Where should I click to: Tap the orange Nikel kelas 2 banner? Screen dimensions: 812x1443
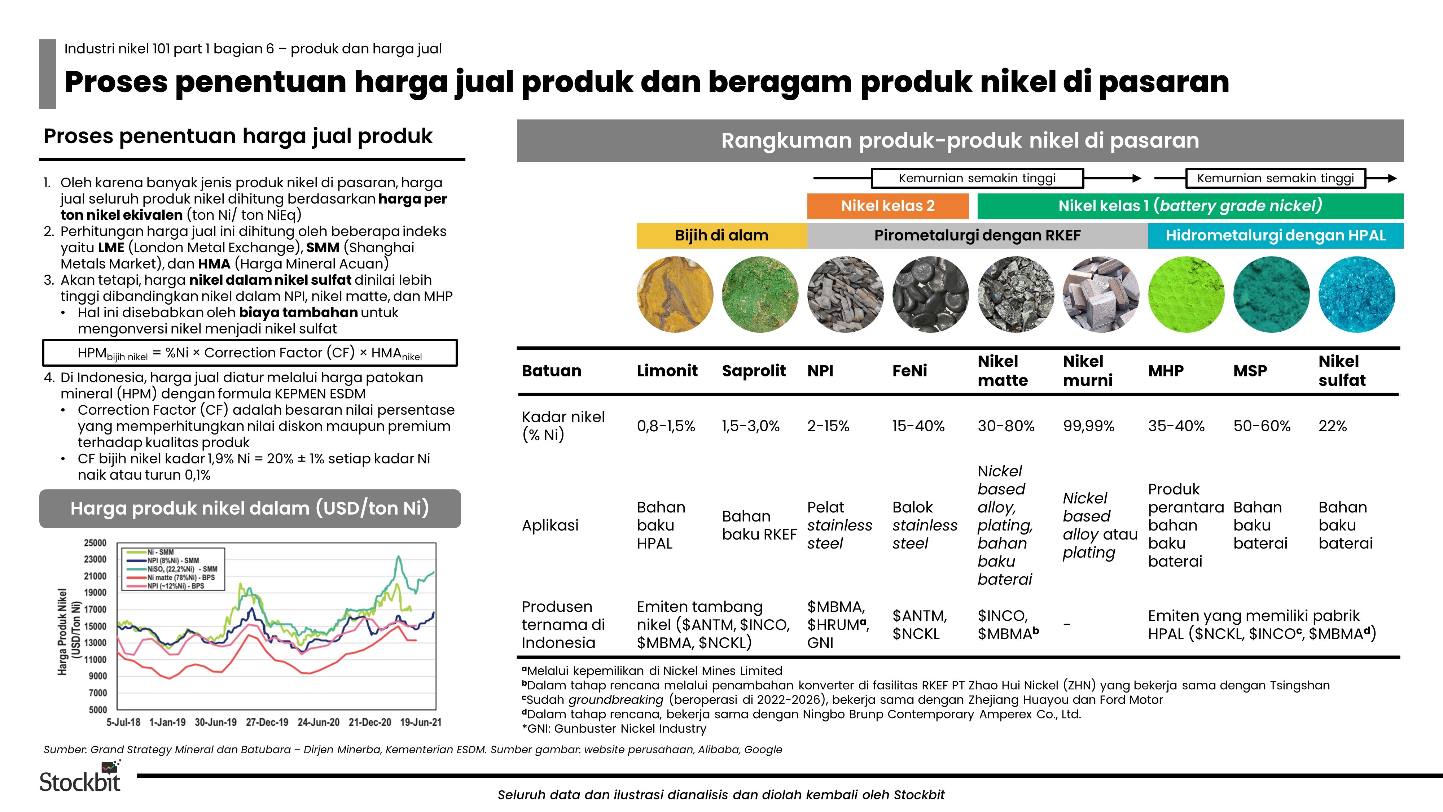point(887,206)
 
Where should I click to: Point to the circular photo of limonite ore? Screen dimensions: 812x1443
point(675,294)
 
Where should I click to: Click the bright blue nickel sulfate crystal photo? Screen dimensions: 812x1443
point(1356,294)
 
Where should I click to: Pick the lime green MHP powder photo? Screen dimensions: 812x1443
point(1185,294)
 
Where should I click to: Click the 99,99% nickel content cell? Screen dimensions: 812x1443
point(1088,426)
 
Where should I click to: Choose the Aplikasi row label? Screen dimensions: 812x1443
point(549,525)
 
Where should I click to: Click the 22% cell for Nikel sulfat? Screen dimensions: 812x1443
point(1332,426)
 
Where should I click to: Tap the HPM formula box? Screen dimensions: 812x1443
point(250,353)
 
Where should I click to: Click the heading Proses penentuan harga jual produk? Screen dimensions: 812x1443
point(238,136)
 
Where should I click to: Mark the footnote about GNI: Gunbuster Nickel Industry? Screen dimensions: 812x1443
point(614,729)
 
